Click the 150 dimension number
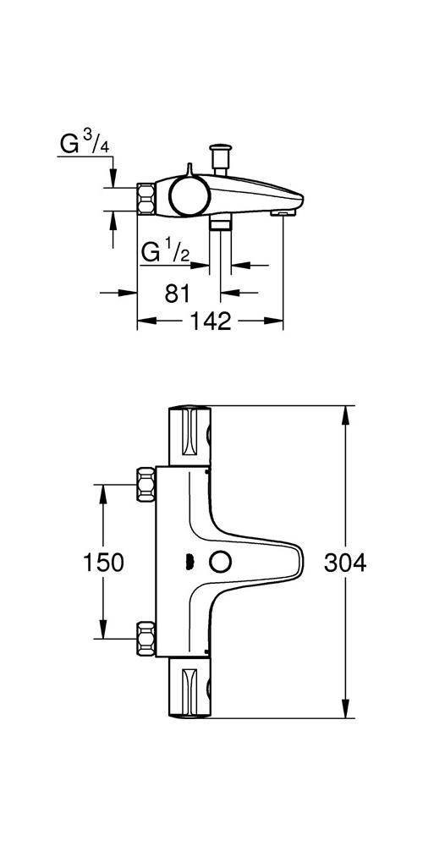(104, 562)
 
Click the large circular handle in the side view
(188, 195)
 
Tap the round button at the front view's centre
(223, 561)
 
